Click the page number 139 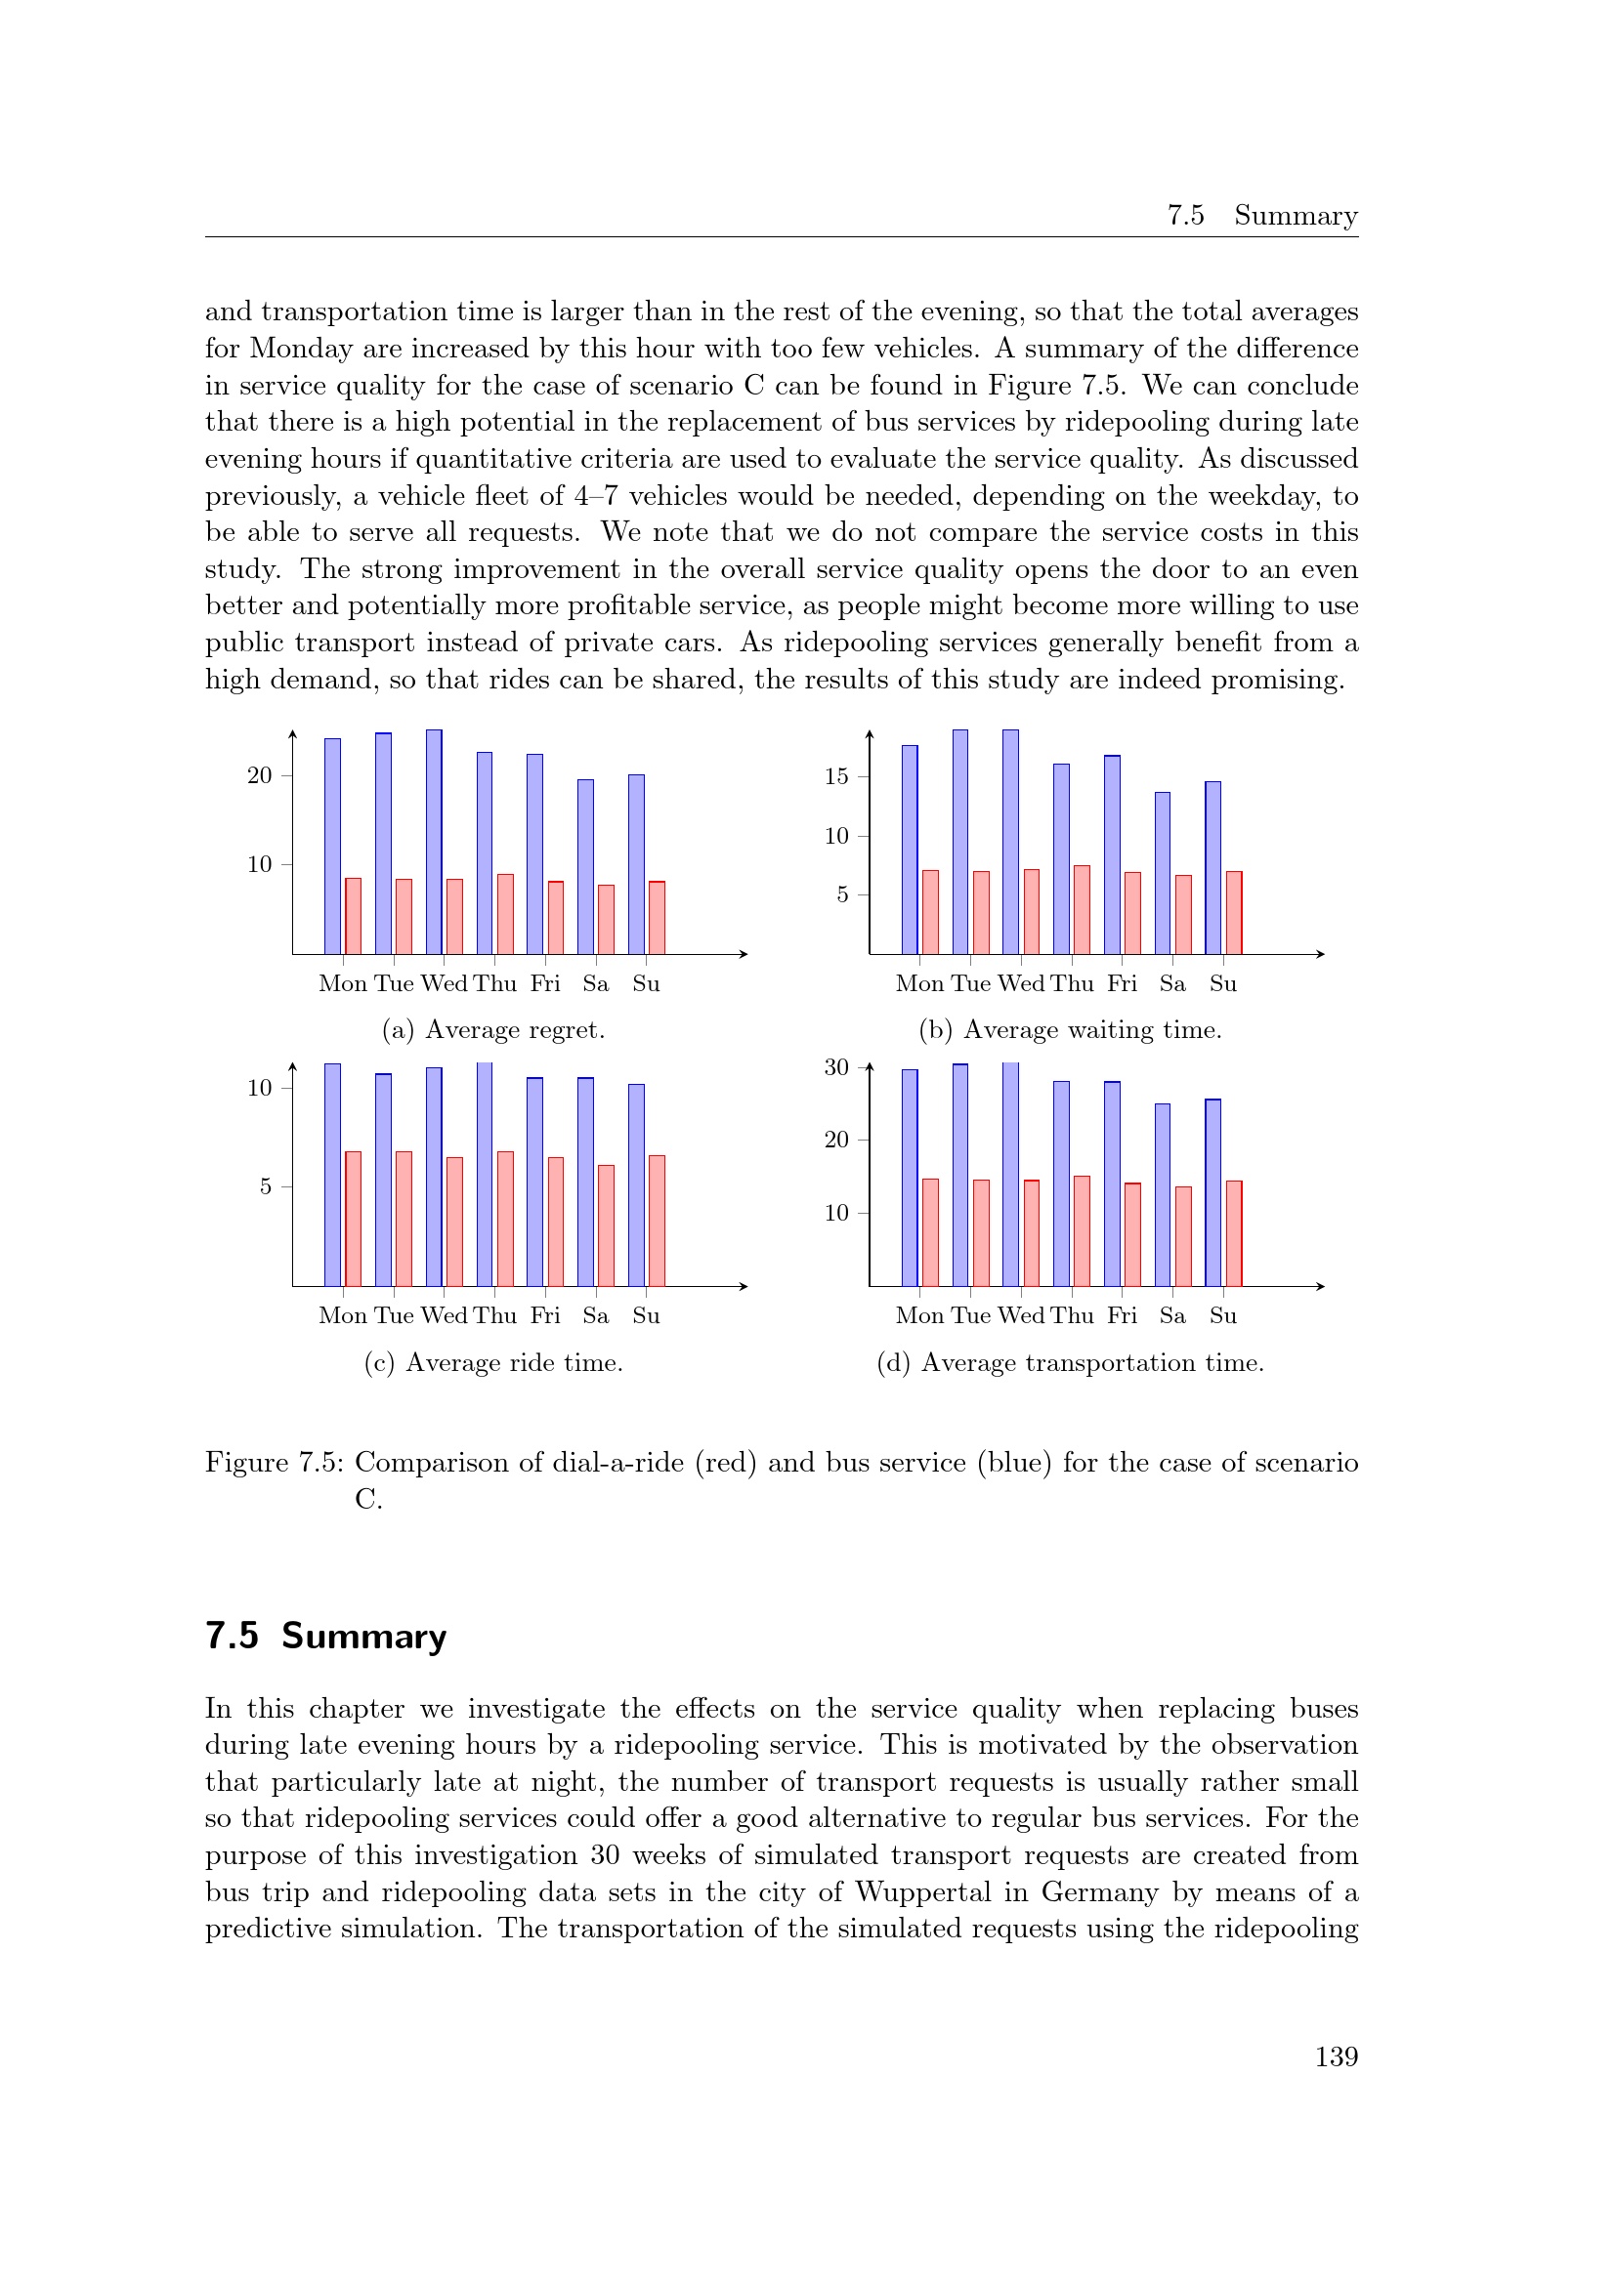click(1336, 2056)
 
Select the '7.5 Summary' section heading click(325, 1637)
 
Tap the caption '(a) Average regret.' click(493, 1029)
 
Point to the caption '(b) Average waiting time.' click(1070, 1029)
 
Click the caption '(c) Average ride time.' click(493, 1362)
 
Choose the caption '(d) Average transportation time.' click(1070, 1362)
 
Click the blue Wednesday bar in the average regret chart click(434, 842)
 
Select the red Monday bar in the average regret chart click(354, 916)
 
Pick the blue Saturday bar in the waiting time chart click(1163, 873)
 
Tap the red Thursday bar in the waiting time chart click(1082, 910)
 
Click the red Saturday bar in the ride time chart click(606, 1225)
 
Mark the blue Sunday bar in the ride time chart click(636, 1184)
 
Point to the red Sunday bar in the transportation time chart click(1234, 1233)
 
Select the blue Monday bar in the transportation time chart click(910, 1178)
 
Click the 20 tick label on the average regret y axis click(259, 776)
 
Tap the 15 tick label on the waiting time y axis click(836, 777)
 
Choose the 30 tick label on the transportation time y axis click(836, 1067)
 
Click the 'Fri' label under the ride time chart click(545, 1315)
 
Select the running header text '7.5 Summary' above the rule click(1261, 215)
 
